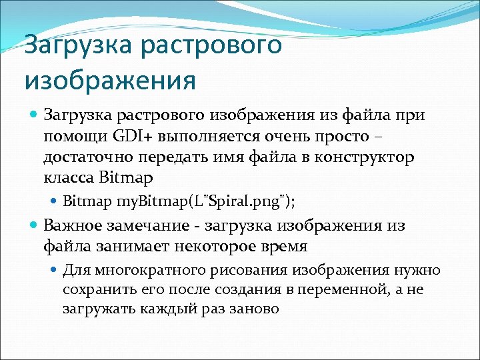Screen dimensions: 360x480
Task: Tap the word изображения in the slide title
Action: tap(110, 81)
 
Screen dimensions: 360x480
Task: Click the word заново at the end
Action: tap(253, 309)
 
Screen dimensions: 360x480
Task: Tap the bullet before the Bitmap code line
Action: tap(55, 201)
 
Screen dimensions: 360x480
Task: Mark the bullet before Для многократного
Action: tap(55, 270)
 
